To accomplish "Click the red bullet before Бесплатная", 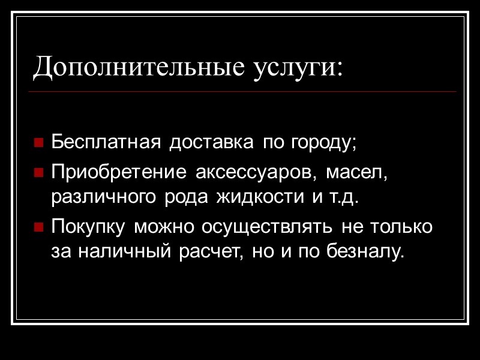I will tap(38, 144).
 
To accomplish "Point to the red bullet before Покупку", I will tap(38, 229).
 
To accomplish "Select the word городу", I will tap(323, 144).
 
